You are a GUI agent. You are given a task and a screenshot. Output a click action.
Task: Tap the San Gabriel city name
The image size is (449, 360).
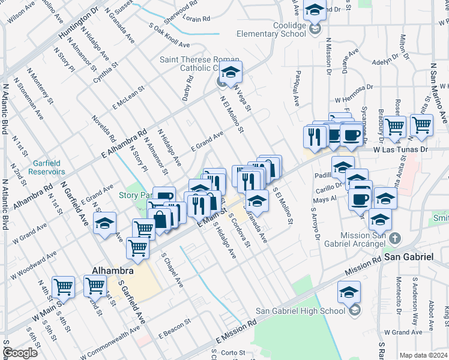coord(409,257)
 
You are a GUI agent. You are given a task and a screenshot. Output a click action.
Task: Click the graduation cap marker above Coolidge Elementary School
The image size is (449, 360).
coord(315,10)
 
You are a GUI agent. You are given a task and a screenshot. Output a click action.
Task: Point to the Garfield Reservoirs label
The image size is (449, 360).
coord(41,166)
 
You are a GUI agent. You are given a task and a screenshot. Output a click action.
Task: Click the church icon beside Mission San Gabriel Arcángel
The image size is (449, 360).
coord(394,239)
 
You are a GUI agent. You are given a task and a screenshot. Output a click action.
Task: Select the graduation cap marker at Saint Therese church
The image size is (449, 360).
coord(231,73)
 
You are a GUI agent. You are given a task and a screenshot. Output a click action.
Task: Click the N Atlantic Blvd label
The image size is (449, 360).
coord(5,204)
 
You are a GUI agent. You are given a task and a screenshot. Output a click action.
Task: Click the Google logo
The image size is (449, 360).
coord(20,353)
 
